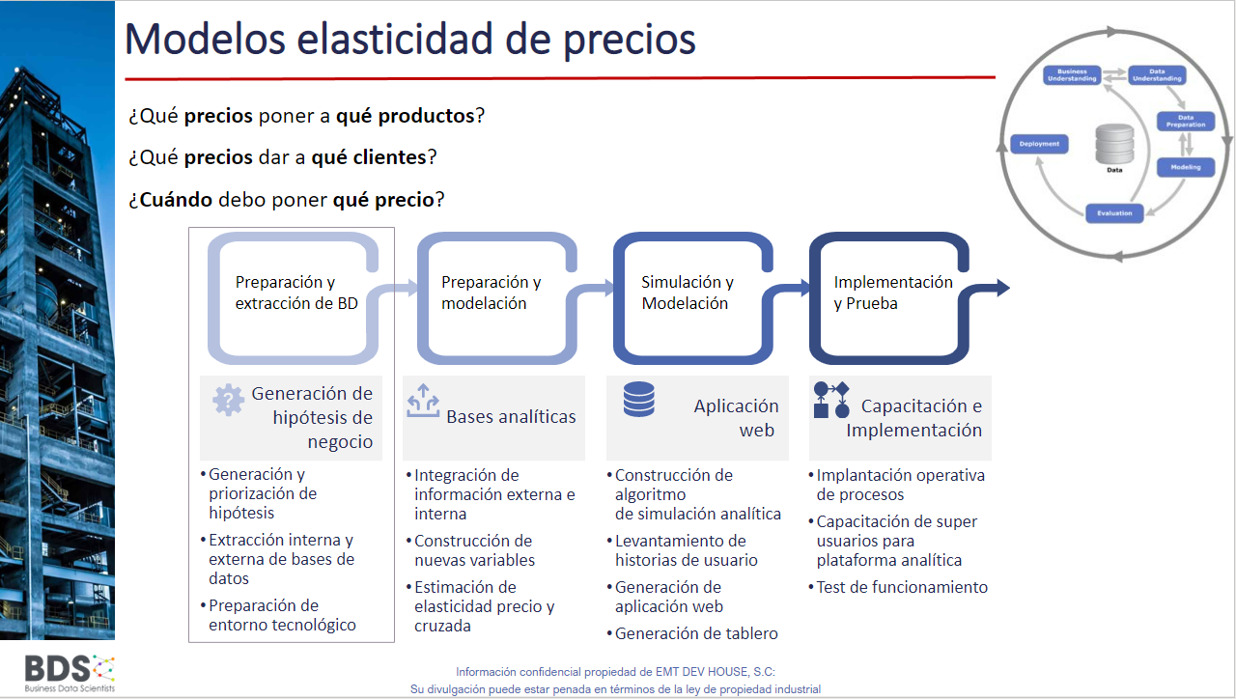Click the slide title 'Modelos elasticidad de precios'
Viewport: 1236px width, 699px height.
click(410, 40)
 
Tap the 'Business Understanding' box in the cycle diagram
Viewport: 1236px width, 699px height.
click(1072, 75)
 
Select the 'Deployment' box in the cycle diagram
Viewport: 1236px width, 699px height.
click(1039, 144)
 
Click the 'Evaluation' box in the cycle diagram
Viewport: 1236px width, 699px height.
click(1114, 213)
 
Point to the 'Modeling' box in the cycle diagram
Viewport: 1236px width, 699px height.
click(1185, 167)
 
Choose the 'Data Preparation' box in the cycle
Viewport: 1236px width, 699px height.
click(1186, 122)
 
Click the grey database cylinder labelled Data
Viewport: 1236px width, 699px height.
click(1114, 144)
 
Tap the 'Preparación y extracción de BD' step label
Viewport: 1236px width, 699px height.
click(296, 293)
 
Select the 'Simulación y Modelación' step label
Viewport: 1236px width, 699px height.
click(687, 293)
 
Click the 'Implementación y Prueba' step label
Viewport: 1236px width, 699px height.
click(893, 293)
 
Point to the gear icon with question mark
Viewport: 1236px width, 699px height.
click(228, 400)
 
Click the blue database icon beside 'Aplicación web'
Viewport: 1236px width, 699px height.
click(639, 399)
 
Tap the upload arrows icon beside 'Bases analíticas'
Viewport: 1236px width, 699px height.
click(423, 401)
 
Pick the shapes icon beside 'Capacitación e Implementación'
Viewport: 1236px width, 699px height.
click(831, 400)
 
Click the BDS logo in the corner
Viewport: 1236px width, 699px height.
click(70, 674)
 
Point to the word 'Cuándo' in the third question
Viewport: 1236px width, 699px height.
click(176, 199)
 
